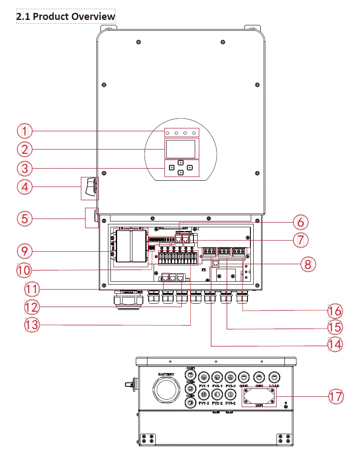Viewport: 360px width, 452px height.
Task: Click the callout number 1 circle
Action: tap(24, 131)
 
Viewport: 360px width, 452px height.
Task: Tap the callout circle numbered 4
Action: tap(24, 187)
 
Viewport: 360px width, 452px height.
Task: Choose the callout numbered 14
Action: tap(336, 345)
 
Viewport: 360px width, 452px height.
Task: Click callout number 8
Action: tap(308, 264)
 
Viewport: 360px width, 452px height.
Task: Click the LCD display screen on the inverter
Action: tap(181, 149)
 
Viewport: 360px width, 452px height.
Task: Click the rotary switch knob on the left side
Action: tap(90, 187)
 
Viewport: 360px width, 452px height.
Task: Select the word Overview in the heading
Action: tap(93, 17)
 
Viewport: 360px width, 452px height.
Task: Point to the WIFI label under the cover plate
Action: tap(259, 405)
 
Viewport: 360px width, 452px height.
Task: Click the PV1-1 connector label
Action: tap(203, 386)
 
